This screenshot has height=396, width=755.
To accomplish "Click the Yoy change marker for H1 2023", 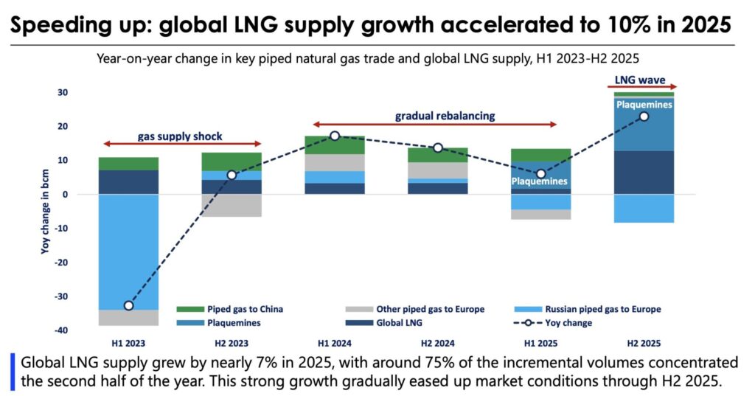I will coord(129,305).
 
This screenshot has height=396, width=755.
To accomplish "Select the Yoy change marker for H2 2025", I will coord(644,117).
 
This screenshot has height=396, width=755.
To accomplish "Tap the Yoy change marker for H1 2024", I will coord(335,136).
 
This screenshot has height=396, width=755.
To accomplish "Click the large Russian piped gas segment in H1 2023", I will coord(128,251).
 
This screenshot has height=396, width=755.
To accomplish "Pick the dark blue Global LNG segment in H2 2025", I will coord(644,173).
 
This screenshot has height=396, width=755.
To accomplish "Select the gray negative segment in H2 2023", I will coord(232,205).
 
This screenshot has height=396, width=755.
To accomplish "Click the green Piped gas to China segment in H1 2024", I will coord(335,145).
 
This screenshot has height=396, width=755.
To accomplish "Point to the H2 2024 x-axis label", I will coord(438,344).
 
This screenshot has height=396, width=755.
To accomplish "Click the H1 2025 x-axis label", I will coord(541,344).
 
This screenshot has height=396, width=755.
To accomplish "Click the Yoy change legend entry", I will coord(568,323).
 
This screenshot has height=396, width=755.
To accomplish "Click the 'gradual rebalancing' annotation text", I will coord(434,116).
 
